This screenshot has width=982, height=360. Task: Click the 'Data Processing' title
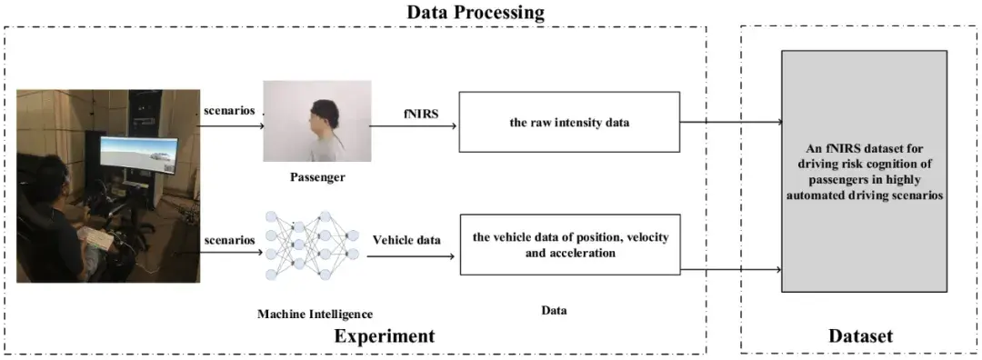[476, 12]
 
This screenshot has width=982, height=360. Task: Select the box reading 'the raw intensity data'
[569, 122]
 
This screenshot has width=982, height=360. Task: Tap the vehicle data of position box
[570, 245]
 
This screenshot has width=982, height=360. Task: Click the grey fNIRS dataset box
[865, 171]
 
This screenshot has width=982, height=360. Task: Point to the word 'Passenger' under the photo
[317, 177]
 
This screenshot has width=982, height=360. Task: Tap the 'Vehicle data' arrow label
[407, 239]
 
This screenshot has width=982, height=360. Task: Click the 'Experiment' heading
[384, 335]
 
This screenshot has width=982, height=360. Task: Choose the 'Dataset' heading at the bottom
[861, 335]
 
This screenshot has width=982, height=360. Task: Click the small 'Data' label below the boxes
[555, 310]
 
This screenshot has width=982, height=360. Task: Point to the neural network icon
[313, 245]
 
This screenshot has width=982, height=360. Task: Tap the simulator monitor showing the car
[138, 155]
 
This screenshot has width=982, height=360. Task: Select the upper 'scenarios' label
[229, 111]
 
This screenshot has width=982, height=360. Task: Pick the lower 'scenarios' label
[229, 240]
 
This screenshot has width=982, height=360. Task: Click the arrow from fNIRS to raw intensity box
[413, 125]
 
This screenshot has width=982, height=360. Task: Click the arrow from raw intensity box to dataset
[731, 122]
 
